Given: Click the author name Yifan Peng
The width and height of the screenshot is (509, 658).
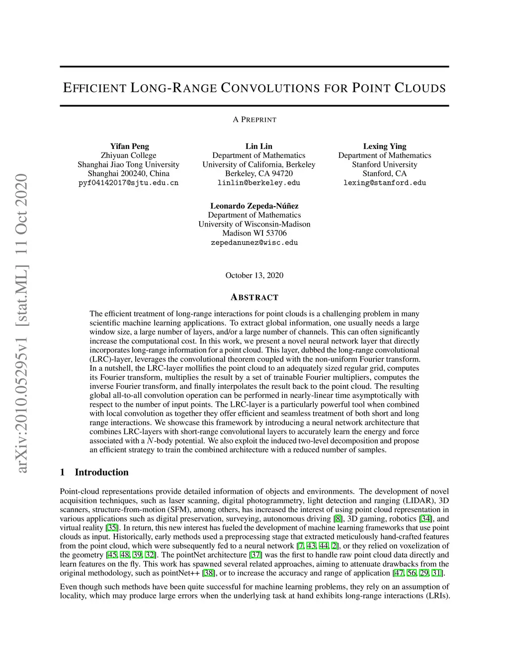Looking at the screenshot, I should pyautogui.click(x=129, y=146).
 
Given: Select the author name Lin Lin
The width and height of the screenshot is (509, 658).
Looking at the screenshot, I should pyautogui.click(x=258, y=146).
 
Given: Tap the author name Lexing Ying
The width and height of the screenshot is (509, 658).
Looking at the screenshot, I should pyautogui.click(x=384, y=146).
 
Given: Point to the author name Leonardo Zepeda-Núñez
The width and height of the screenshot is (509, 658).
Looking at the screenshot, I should pyautogui.click(x=254, y=206).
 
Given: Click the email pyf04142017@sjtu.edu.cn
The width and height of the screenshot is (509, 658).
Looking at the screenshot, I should pyautogui.click(x=128, y=183).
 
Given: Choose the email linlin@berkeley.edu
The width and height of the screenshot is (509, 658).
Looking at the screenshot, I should pyautogui.click(x=258, y=183).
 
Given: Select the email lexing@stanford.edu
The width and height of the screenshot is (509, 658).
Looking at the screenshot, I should pyautogui.click(x=384, y=183).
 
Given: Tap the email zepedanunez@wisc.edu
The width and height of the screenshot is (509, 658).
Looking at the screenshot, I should pyautogui.click(x=254, y=242).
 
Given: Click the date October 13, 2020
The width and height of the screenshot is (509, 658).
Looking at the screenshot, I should pyautogui.click(x=254, y=275).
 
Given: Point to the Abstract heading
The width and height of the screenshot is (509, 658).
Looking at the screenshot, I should pyautogui.click(x=254, y=297).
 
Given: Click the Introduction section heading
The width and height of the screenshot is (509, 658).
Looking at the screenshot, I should pyautogui.click(x=101, y=472).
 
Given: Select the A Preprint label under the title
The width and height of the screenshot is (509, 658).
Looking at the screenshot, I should pyautogui.click(x=254, y=120).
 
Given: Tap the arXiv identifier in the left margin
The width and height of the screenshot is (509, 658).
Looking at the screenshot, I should pyautogui.click(x=21, y=323).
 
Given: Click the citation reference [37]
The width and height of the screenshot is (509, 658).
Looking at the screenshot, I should pyautogui.click(x=255, y=555).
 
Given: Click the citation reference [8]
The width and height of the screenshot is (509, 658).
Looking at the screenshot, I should pyautogui.click(x=338, y=519).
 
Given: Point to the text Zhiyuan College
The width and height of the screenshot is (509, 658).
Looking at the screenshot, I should pyautogui.click(x=128, y=155).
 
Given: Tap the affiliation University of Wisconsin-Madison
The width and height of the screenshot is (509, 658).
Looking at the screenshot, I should pyautogui.click(x=254, y=224).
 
